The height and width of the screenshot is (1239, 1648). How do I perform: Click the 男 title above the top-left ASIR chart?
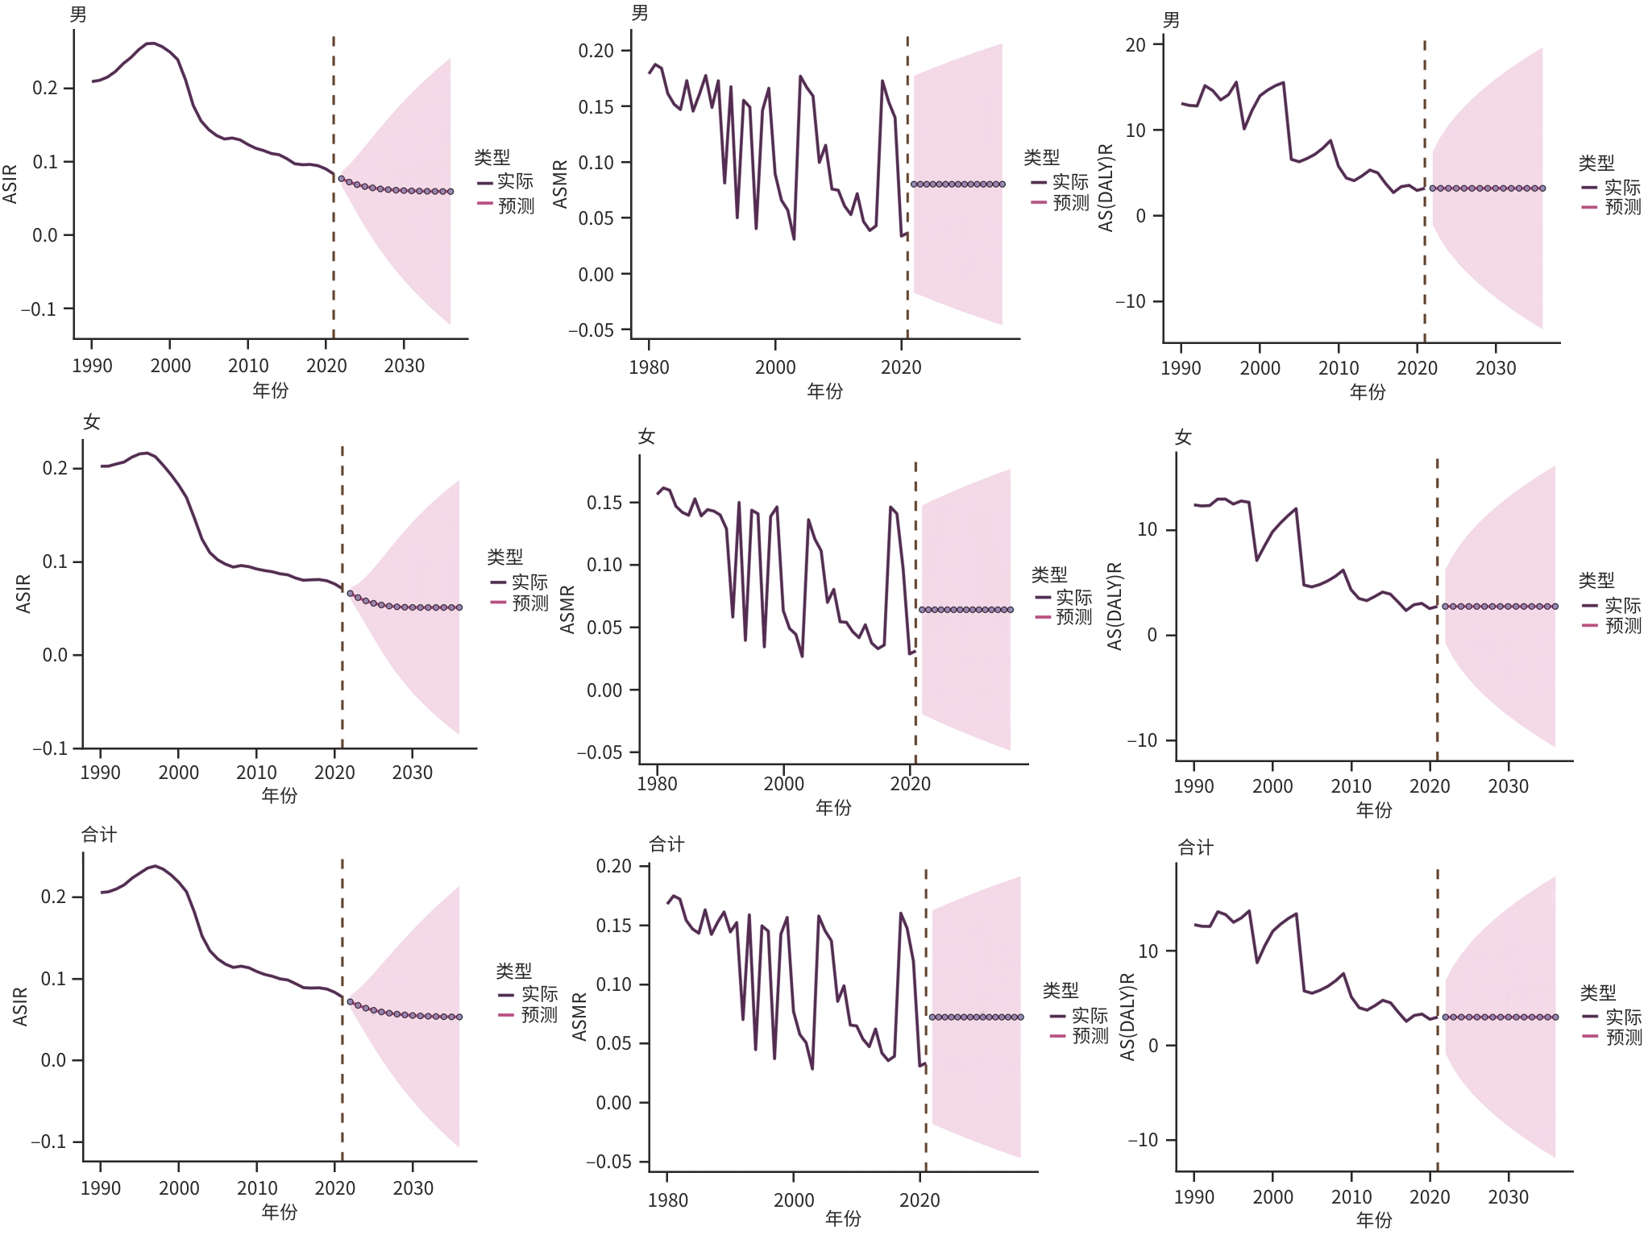78,15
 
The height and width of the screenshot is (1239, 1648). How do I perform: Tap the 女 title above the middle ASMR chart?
646,437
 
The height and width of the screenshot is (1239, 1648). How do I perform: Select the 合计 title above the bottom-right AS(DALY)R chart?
1195,847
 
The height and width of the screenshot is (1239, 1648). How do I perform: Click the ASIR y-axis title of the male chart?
10,184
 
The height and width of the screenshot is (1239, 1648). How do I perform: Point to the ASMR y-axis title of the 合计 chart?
579,1017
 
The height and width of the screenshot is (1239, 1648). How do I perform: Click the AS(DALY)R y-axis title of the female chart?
1115,606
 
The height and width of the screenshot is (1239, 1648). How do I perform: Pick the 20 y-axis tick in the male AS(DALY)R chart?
1135,45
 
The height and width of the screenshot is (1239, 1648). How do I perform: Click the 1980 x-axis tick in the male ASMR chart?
649,367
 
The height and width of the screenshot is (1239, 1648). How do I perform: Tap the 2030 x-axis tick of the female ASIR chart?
413,773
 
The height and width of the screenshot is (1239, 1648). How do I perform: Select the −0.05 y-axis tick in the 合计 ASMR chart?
608,1162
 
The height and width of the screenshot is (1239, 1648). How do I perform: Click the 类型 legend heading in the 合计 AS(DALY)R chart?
1597,992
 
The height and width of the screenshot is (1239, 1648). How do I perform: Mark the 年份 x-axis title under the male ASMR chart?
825,392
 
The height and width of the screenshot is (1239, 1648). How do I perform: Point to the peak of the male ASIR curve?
151,44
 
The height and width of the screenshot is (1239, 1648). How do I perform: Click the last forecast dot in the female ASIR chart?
459,607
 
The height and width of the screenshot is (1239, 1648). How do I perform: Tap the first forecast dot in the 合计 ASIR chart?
350,1001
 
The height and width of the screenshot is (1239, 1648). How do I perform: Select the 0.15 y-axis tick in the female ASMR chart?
604,503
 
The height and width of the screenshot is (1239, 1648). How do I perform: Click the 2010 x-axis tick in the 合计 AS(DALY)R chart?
1351,1197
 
